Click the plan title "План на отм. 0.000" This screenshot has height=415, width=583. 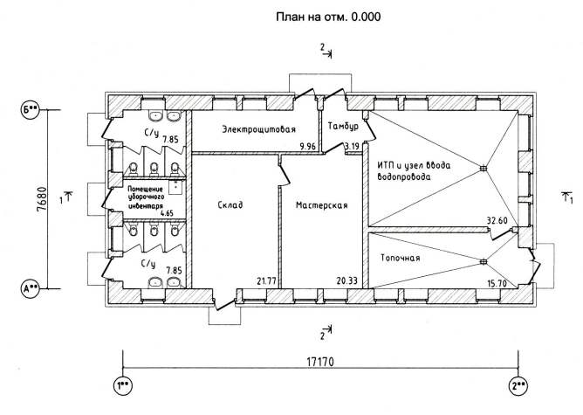[x=328, y=17]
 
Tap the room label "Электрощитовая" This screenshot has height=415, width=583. [x=259, y=129]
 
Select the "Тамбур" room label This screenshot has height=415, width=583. [x=343, y=126]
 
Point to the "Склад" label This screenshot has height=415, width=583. [x=230, y=204]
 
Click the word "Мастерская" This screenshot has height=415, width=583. [x=322, y=205]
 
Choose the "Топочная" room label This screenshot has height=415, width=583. [x=401, y=258]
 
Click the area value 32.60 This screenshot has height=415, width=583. [x=497, y=220]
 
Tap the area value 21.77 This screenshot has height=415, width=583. [x=266, y=280]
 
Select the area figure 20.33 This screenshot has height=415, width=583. [x=346, y=280]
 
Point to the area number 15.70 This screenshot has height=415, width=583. [x=497, y=284]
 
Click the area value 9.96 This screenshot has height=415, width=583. [x=307, y=146]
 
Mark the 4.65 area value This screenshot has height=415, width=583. [x=167, y=214]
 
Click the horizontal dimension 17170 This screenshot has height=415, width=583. [x=320, y=362]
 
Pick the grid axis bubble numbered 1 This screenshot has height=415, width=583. [x=123, y=385]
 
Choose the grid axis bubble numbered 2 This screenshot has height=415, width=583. [x=518, y=385]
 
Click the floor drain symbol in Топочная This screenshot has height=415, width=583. [x=483, y=261]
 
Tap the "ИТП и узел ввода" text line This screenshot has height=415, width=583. [x=414, y=165]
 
